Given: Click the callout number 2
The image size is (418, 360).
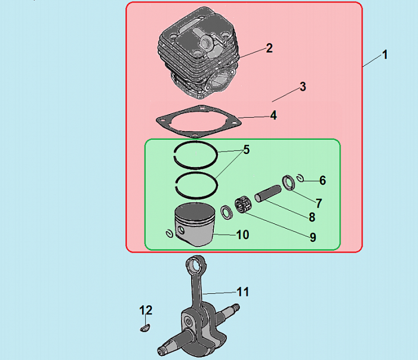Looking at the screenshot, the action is point(269,48).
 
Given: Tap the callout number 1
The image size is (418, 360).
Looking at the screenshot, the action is point(385,55).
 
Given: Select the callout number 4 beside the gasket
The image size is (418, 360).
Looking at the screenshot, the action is point(273,115).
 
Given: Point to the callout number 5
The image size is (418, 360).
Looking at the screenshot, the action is point(247,149).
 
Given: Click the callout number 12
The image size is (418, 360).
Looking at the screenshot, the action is point(146,310).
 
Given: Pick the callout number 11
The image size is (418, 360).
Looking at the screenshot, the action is point(243,292).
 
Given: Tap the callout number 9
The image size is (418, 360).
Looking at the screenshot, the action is point(313,237).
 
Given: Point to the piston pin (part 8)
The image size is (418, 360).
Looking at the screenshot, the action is point(268,193).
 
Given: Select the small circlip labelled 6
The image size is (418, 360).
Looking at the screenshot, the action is point(301,178).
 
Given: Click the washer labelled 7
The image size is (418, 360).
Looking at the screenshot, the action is point(288,183).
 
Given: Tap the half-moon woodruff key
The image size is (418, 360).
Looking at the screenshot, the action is point(145,328).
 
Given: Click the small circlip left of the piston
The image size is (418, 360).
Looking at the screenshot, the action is point(169,233).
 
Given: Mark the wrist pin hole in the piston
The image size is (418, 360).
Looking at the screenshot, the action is point(182,229).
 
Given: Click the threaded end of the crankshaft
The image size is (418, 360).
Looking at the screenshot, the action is point(236,307).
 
